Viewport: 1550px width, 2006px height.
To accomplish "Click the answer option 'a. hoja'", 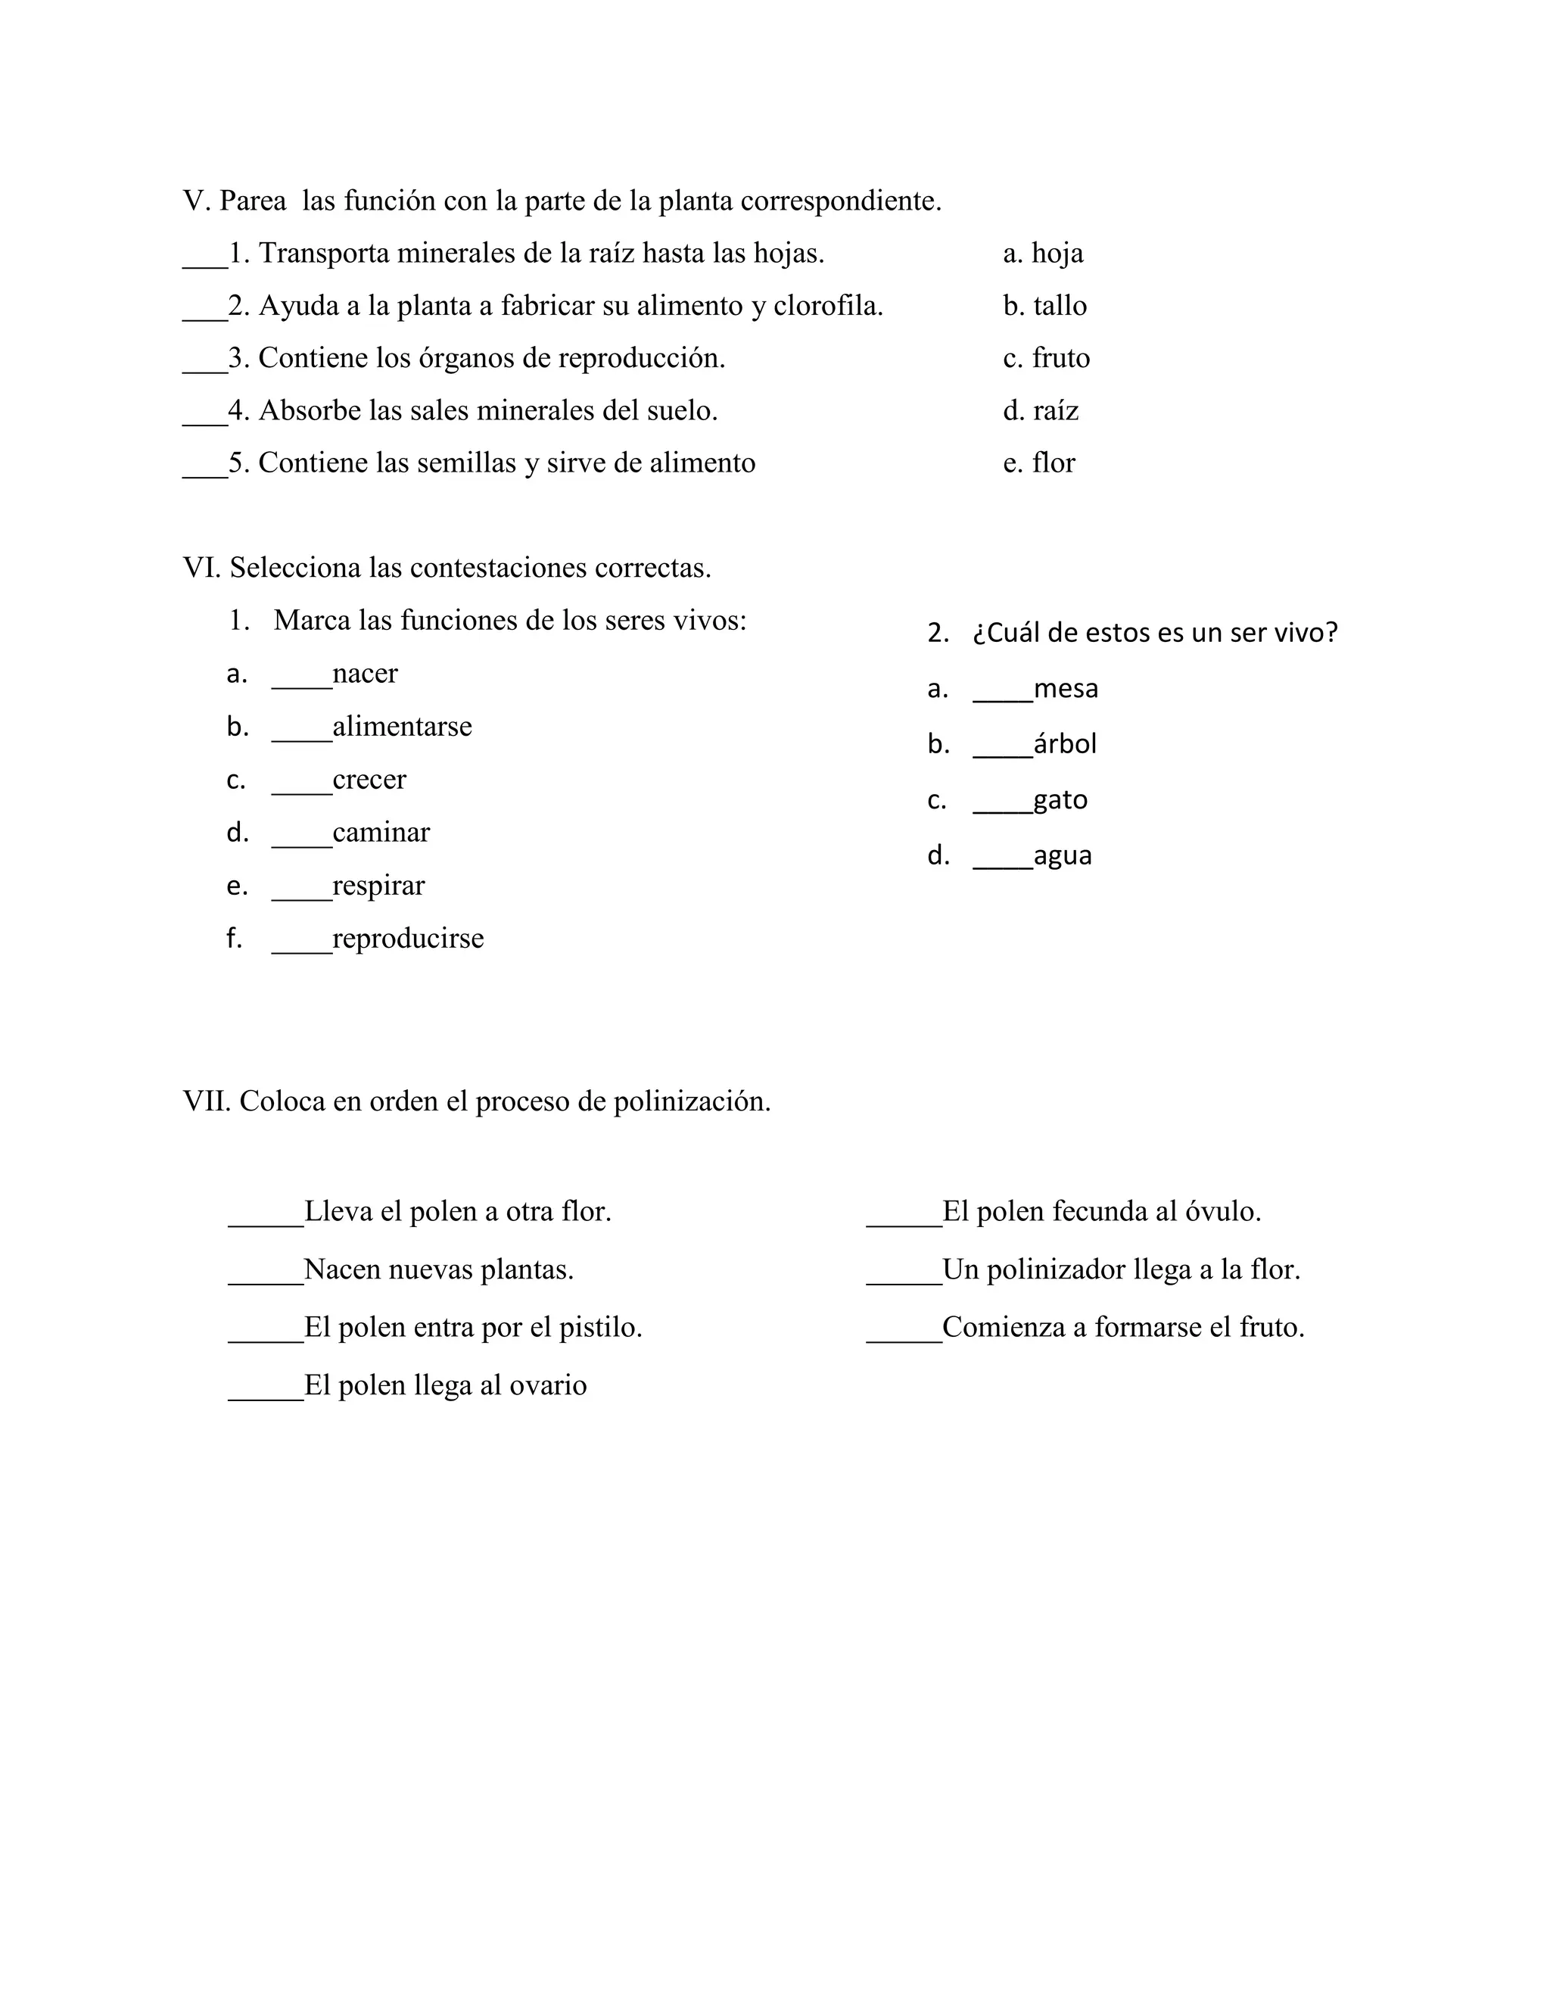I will (1042, 253).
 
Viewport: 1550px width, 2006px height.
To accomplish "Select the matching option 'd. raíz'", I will (1041, 410).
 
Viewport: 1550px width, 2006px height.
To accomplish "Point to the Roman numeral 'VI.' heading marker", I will (202, 568).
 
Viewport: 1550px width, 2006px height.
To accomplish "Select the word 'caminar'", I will (381, 832).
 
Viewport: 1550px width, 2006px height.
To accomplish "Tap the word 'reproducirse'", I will (408, 938).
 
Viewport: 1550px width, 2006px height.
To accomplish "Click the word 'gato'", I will (1060, 800).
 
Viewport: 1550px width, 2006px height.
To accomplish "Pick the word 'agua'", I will (1063, 855).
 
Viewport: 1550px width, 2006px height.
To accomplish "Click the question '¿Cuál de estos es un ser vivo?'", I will (1154, 632).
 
